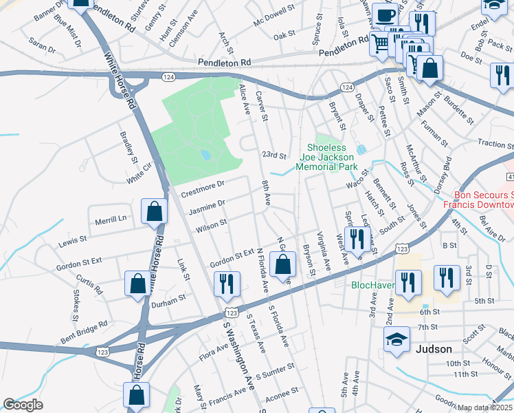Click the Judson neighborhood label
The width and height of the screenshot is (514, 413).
[434, 348]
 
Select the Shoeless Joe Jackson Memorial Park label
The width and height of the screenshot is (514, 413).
[332, 157]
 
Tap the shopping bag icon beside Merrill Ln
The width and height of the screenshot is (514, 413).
[155, 212]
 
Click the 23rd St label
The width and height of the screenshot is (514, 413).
[273, 156]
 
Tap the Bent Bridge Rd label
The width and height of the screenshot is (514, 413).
[84, 329]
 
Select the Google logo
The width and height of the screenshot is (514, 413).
[23, 404]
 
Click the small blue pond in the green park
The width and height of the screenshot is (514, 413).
[205, 155]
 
